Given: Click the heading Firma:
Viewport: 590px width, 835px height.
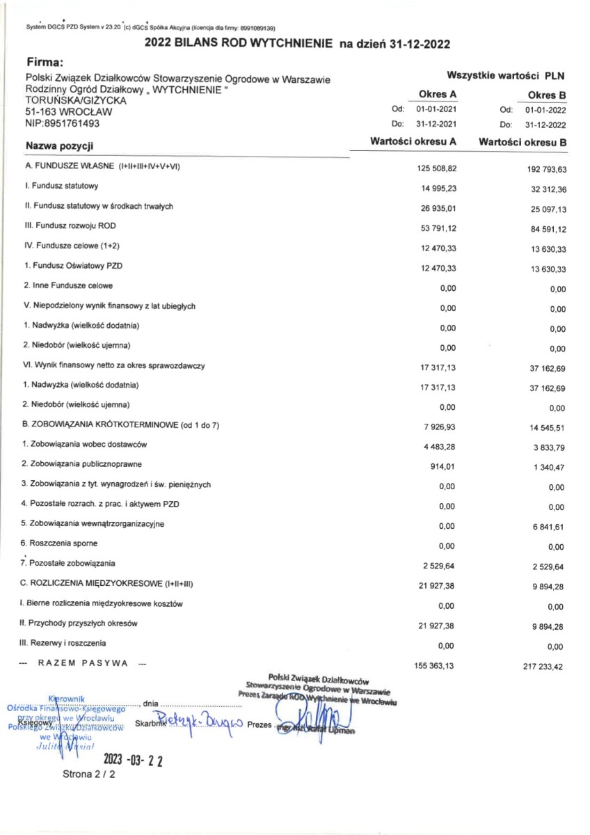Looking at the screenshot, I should coord(44,63).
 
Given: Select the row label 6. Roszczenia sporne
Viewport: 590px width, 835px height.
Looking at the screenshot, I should coord(59,543).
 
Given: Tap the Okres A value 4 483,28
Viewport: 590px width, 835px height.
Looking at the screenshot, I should coord(436,445).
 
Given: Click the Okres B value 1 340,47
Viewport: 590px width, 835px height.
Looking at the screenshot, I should coord(545,466).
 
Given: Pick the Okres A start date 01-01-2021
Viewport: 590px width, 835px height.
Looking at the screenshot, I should coord(436,110).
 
